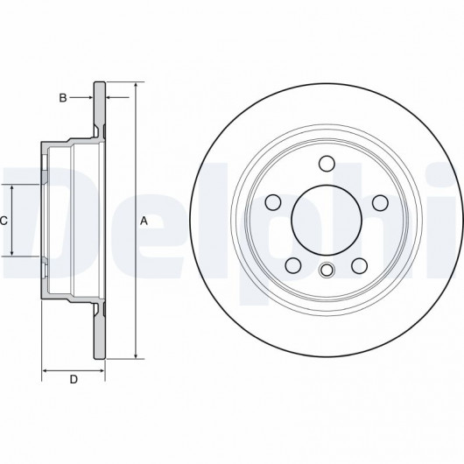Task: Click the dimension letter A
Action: [x=144, y=221]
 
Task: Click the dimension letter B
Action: [x=63, y=98]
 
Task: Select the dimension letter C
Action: [x=4, y=221]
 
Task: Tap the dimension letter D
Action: [x=74, y=379]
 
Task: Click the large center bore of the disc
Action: [x=327, y=220]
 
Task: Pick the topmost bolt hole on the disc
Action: [x=327, y=164]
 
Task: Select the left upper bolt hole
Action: [x=273, y=202]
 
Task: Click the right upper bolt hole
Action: [x=380, y=202]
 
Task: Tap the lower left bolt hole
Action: [x=293, y=265]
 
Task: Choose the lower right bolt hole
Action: [x=360, y=265]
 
